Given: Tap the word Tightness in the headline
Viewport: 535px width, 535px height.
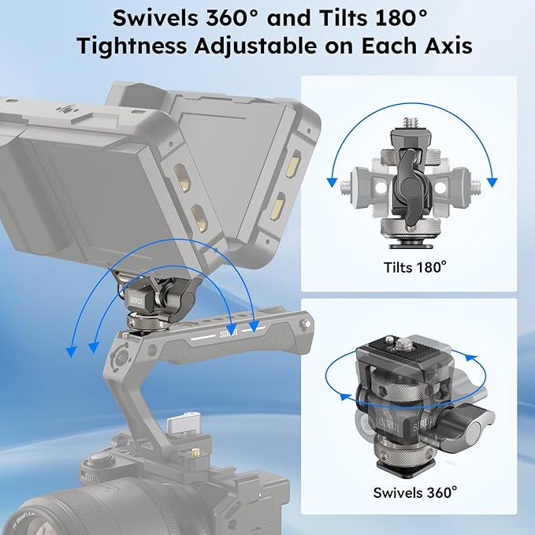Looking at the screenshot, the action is click(x=132, y=46).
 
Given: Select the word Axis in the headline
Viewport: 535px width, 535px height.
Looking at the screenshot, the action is click(x=448, y=46).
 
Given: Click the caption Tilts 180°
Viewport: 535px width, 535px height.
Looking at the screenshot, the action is click(x=414, y=267).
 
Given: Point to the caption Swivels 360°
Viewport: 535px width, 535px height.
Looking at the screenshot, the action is click(x=415, y=492).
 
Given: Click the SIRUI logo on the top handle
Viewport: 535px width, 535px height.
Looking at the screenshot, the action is click(x=228, y=333).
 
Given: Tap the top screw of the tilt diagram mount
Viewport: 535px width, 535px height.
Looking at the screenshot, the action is click(x=409, y=123).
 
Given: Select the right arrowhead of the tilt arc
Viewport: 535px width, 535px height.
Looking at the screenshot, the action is click(x=492, y=183).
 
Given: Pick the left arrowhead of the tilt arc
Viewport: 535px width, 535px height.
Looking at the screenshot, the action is click(x=332, y=183).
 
